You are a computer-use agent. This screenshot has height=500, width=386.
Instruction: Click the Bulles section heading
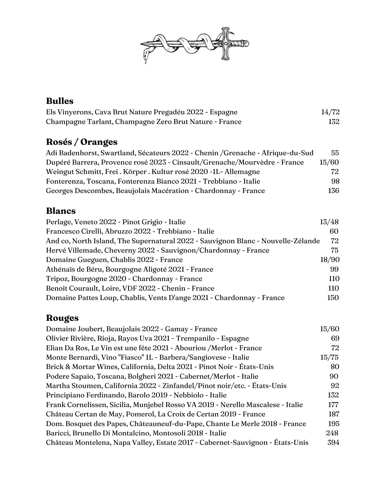point(60,101)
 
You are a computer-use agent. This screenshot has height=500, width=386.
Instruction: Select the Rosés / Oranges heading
point(82,142)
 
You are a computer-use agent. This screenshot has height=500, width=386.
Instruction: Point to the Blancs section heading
point(61,210)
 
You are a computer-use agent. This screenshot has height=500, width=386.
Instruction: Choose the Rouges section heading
point(62,318)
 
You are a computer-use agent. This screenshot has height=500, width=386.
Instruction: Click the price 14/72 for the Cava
point(330,112)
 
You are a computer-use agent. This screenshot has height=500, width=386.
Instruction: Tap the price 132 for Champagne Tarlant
point(334,122)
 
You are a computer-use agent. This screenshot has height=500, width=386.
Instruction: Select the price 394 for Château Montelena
point(333,442)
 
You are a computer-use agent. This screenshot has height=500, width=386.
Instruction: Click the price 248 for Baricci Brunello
point(332,433)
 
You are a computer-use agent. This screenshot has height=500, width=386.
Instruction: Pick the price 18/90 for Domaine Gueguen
point(330,260)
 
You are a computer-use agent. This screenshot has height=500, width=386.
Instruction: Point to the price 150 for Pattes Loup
point(333,297)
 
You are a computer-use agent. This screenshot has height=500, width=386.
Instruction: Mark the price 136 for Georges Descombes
point(333,191)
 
